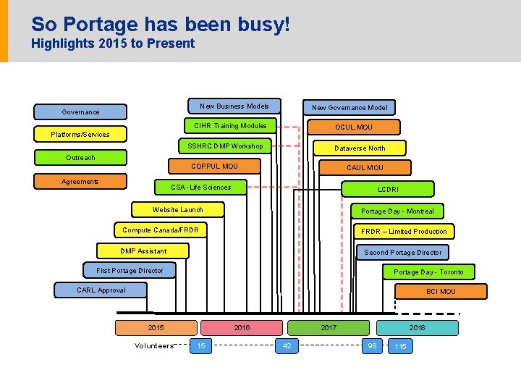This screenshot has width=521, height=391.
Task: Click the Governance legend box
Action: pos(80,112)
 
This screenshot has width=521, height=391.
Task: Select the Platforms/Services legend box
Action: pos(80,134)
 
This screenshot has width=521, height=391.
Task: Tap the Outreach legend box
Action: pos(80,157)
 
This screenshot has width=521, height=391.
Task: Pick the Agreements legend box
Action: pos(80,181)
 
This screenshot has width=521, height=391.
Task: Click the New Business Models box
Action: pos(234,106)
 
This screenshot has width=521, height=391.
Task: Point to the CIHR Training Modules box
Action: pos(229,126)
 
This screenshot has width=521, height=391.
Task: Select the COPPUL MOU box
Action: pos(214,167)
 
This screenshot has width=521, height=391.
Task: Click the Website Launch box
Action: pos(177,210)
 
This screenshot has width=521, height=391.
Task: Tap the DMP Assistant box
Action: pos(143,251)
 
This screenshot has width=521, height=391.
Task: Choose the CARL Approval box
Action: pos(101,290)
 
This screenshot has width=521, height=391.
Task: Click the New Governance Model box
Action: pos(349,107)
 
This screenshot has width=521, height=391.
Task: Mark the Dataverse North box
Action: pos(359,148)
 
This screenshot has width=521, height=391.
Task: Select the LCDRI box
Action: pos(388,189)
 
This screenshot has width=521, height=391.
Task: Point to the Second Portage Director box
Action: pos(402,252)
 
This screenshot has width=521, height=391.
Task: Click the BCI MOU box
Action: pos(441,291)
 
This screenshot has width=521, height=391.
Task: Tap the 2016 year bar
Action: pos(242,327)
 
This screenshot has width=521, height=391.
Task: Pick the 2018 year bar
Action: pos(417,327)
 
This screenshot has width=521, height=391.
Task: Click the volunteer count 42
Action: pos(287,346)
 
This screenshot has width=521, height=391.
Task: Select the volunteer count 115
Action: pos(399,347)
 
